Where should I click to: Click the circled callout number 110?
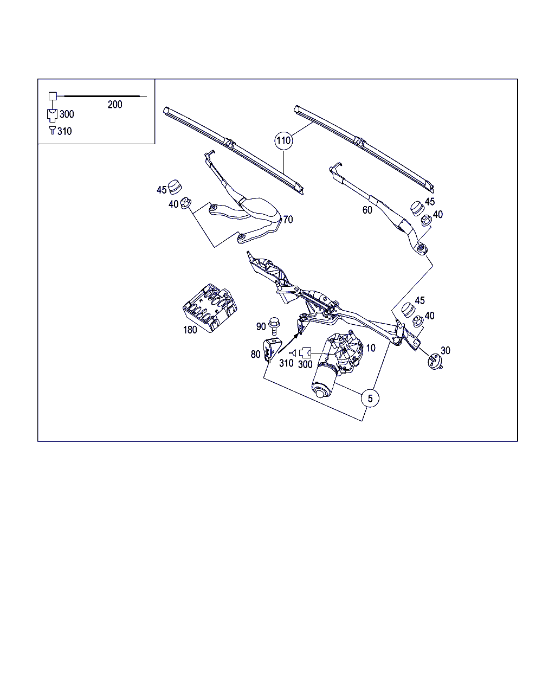pyautogui.click(x=283, y=140)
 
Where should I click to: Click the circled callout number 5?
pyautogui.click(x=370, y=399)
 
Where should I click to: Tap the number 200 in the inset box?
pyautogui.click(x=115, y=105)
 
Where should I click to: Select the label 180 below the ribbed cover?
pyautogui.click(x=190, y=330)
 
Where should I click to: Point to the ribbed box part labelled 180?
pyautogui.click(x=210, y=307)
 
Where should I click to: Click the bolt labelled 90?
pyautogui.click(x=274, y=326)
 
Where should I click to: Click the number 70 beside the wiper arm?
pyautogui.click(x=288, y=220)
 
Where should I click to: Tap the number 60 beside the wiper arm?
pyautogui.click(x=367, y=210)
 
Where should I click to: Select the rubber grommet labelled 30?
pyautogui.click(x=435, y=361)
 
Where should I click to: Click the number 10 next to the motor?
pyautogui.click(x=371, y=348)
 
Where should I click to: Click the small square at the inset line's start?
pyautogui.click(x=53, y=96)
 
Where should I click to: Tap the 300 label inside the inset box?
pyautogui.click(x=67, y=114)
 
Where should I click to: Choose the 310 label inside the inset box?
pyautogui.click(x=64, y=131)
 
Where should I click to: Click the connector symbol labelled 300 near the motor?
pyautogui.click(x=305, y=353)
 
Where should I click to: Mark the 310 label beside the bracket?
pyautogui.click(x=286, y=363)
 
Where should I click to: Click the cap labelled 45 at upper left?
pyautogui.click(x=175, y=187)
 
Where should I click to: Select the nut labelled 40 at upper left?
pyautogui.click(x=186, y=203)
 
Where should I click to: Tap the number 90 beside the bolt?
pyautogui.click(x=261, y=326)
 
